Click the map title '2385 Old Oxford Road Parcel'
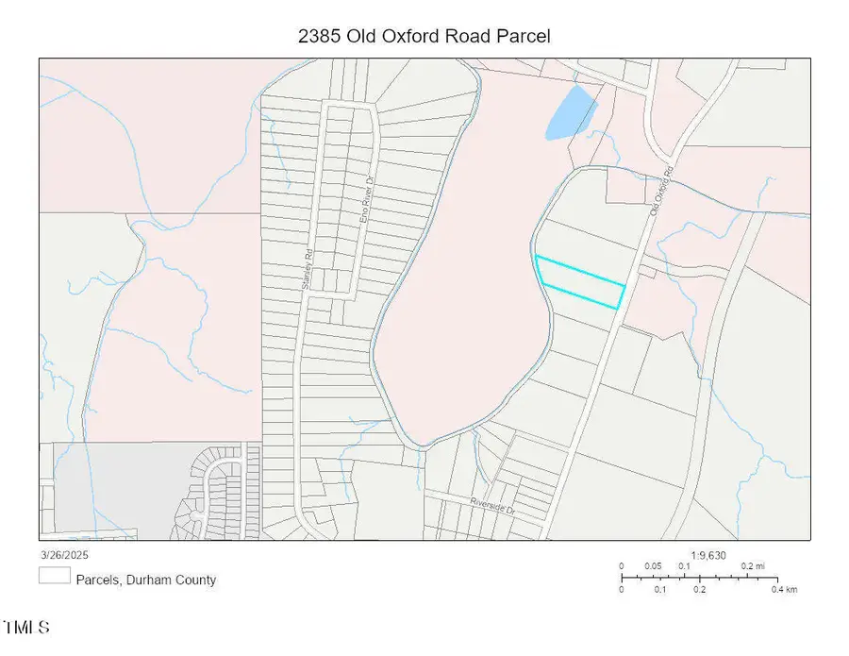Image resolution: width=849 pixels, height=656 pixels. click(424, 36)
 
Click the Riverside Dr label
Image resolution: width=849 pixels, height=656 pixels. click(492, 501)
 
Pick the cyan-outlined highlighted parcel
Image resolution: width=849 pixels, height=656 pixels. click(580, 282)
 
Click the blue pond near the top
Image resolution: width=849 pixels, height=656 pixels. click(570, 112)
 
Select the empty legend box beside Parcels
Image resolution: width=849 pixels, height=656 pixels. click(54, 576)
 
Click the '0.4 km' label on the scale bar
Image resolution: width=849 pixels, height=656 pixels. click(785, 589)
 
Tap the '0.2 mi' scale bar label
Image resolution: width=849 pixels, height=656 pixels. click(752, 566)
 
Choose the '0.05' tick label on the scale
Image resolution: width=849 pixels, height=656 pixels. click(653, 566)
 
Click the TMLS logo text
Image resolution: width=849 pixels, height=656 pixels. click(26, 628)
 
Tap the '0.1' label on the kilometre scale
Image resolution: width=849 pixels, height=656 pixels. click(660, 589)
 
